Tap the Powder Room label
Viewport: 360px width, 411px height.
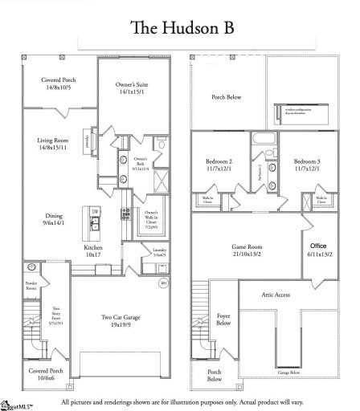pos(31,287)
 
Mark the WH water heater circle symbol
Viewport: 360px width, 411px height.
pos(163,283)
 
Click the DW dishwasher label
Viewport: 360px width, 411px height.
pos(95,211)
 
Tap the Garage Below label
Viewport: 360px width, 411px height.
pos(288,373)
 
